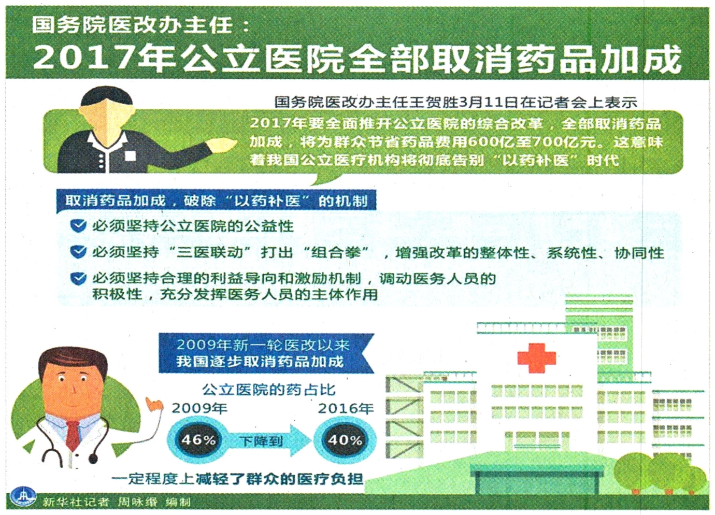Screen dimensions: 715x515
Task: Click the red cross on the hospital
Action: click(537, 358)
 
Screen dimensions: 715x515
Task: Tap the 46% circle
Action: click(198, 440)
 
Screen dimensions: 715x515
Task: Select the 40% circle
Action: click(345, 440)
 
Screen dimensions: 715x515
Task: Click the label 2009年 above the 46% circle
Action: click(199, 408)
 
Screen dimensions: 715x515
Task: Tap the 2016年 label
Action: click(346, 408)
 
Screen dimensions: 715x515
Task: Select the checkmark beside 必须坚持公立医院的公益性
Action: click(79, 226)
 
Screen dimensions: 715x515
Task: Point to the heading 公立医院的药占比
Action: click(269, 390)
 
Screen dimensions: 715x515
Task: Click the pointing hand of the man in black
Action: click(222, 146)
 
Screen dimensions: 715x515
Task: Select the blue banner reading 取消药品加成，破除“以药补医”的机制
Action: click(216, 201)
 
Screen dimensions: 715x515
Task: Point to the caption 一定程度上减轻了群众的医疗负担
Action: click(237, 479)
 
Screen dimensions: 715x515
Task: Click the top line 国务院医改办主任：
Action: click(140, 26)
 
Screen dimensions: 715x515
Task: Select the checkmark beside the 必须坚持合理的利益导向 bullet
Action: click(79, 278)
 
